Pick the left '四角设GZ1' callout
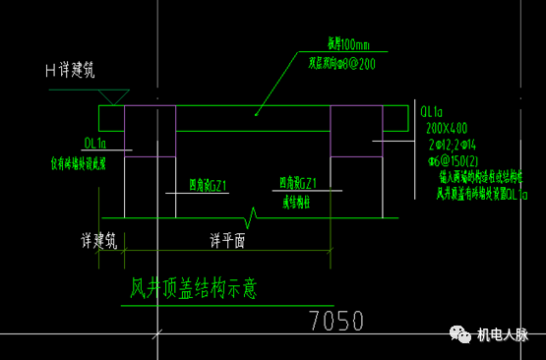[208, 184]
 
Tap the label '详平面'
[227, 239]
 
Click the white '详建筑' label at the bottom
[99, 239]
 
